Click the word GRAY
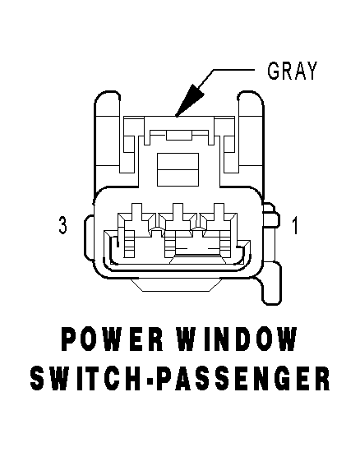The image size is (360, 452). (292, 71)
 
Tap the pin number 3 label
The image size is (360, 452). (62, 225)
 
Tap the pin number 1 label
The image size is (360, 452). (294, 225)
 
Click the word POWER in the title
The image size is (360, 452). (113, 339)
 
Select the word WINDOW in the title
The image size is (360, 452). (237, 339)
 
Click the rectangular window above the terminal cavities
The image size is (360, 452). (178, 169)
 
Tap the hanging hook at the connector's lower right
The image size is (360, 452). (271, 284)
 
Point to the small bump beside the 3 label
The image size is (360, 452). (89, 237)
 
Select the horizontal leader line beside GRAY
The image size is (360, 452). (233, 70)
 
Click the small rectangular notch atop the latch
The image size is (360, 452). (178, 136)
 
